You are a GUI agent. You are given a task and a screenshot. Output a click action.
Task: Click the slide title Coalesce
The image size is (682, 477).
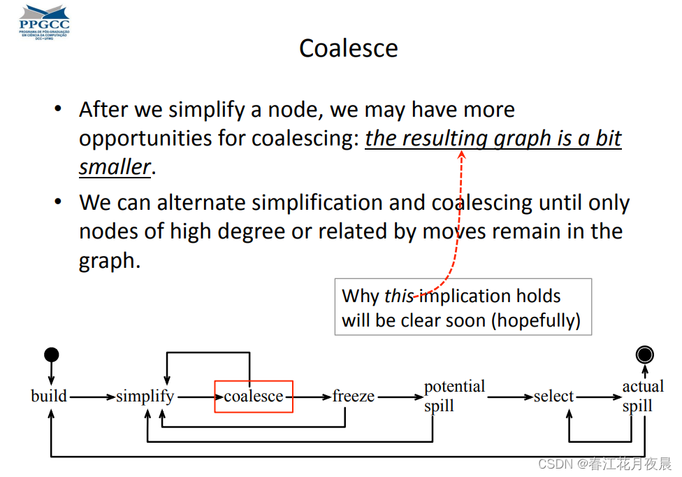[x=348, y=48]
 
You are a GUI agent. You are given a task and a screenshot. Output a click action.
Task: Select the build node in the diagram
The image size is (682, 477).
[x=49, y=397]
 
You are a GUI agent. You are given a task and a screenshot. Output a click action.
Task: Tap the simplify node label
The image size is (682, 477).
[x=145, y=397]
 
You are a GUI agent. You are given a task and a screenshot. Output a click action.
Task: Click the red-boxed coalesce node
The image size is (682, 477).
[x=254, y=397]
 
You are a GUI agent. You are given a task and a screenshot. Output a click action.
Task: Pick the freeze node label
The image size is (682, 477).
[x=354, y=397]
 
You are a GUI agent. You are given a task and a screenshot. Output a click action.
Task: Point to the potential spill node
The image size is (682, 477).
[x=454, y=397]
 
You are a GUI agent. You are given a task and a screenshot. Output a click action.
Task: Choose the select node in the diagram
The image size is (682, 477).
[x=553, y=397]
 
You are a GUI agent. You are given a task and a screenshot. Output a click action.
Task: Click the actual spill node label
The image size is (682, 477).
[x=643, y=397]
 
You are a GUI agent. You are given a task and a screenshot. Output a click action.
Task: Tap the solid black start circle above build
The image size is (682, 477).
[x=51, y=355]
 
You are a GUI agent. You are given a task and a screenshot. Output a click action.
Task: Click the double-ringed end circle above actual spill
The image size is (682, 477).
[x=645, y=355]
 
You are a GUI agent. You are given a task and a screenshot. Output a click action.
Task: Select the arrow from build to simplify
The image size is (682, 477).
[x=92, y=397]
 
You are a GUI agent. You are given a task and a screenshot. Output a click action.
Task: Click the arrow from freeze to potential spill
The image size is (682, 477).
[x=400, y=397]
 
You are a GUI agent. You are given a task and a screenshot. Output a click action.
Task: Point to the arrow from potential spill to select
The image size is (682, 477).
[x=509, y=397]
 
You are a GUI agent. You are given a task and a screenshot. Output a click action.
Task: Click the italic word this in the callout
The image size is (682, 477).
[x=399, y=296]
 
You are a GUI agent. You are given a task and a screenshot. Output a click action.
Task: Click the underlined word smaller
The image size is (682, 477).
[x=115, y=167]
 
